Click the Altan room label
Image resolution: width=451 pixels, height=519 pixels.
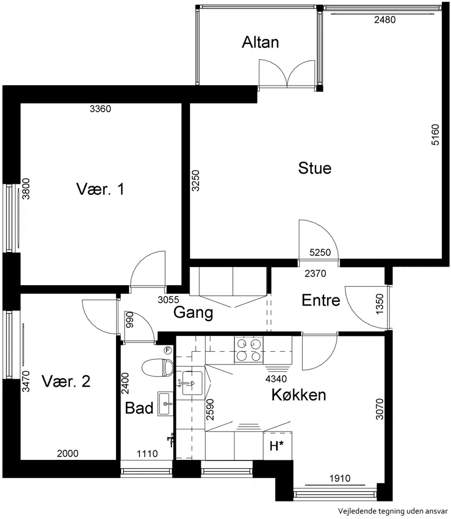tap(260, 42)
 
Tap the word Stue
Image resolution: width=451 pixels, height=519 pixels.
tap(315, 168)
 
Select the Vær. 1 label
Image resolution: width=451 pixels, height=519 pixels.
tap(100, 189)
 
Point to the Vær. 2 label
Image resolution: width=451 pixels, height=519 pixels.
tap(66, 382)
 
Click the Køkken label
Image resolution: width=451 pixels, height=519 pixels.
tap(299, 394)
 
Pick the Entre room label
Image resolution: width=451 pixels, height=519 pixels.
tap(321, 300)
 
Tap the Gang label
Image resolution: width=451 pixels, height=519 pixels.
tap(193, 312)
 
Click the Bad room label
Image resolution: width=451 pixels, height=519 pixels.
tap(139, 408)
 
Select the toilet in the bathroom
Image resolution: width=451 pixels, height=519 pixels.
tap(158, 367)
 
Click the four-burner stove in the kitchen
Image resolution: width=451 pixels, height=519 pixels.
tap(249, 350)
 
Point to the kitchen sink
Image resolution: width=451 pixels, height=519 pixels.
tap(192, 383)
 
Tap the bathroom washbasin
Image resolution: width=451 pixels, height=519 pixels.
tap(165, 404)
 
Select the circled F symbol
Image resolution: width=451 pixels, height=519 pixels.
tap(168, 350)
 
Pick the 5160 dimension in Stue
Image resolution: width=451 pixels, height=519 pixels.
tap(435, 134)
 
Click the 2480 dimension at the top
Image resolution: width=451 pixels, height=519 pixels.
tap(385, 20)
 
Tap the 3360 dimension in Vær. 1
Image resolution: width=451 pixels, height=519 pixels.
tap(100, 109)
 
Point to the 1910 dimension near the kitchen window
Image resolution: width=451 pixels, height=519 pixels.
tap(340, 478)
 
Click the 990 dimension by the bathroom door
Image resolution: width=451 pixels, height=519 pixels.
tap(130, 320)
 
